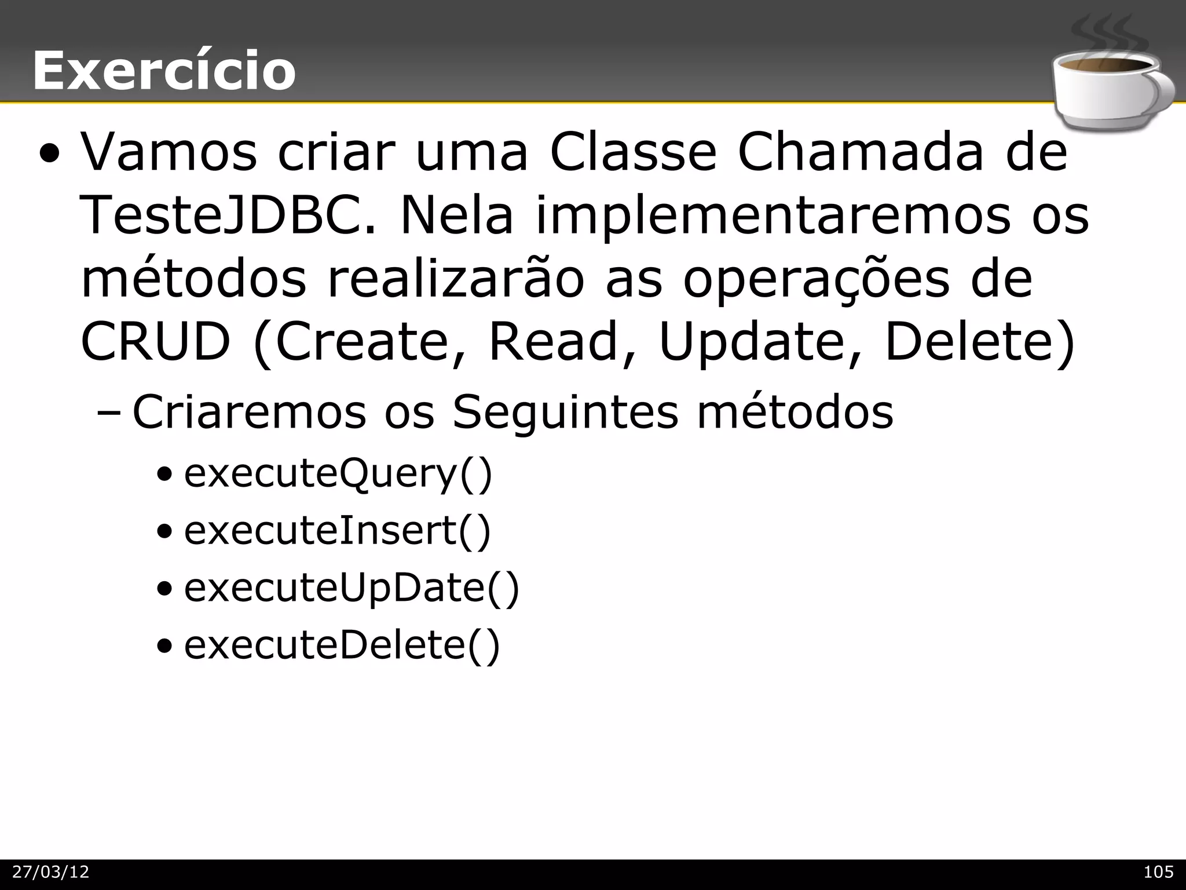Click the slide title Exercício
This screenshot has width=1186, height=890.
click(x=164, y=71)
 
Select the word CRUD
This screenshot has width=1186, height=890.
click(x=155, y=342)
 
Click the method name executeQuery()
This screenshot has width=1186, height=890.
click(x=338, y=473)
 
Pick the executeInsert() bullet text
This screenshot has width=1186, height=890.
click(x=337, y=531)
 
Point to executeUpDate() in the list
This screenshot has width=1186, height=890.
click(x=352, y=588)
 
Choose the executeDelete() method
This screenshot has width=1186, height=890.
click(x=342, y=645)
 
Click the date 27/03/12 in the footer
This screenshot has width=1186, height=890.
click(x=51, y=872)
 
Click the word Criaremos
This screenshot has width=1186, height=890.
click(x=249, y=412)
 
